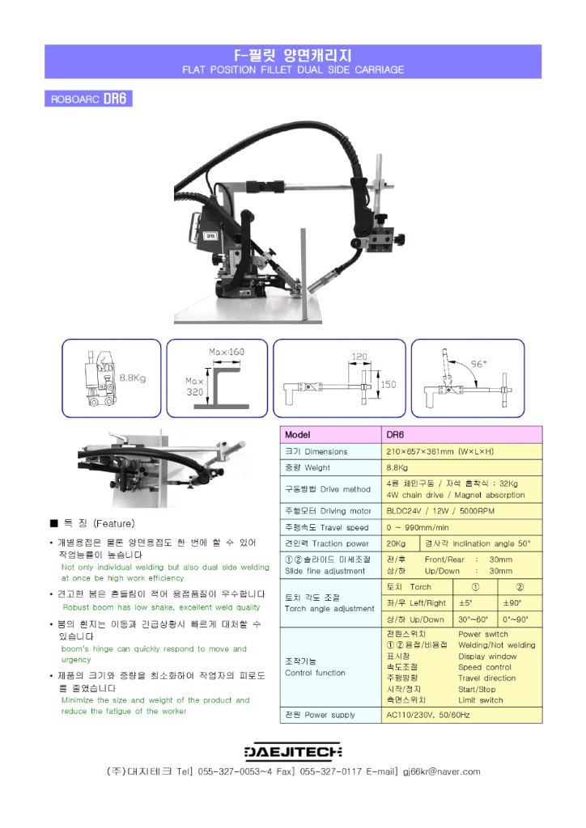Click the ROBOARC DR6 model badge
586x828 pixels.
point(88,99)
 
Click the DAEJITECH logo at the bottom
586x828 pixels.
point(293,751)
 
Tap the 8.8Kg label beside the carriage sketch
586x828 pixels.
point(133,378)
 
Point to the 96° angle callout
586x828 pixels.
point(479,364)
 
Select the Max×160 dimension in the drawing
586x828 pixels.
point(227,353)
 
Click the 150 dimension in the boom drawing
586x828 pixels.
point(389,385)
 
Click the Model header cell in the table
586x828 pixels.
point(298,435)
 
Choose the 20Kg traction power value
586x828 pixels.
point(397,543)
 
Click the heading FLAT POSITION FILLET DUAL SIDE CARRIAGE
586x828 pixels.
point(293,70)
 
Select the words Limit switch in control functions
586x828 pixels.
point(480,700)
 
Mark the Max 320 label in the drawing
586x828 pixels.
point(194,386)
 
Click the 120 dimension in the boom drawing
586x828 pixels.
point(359,357)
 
